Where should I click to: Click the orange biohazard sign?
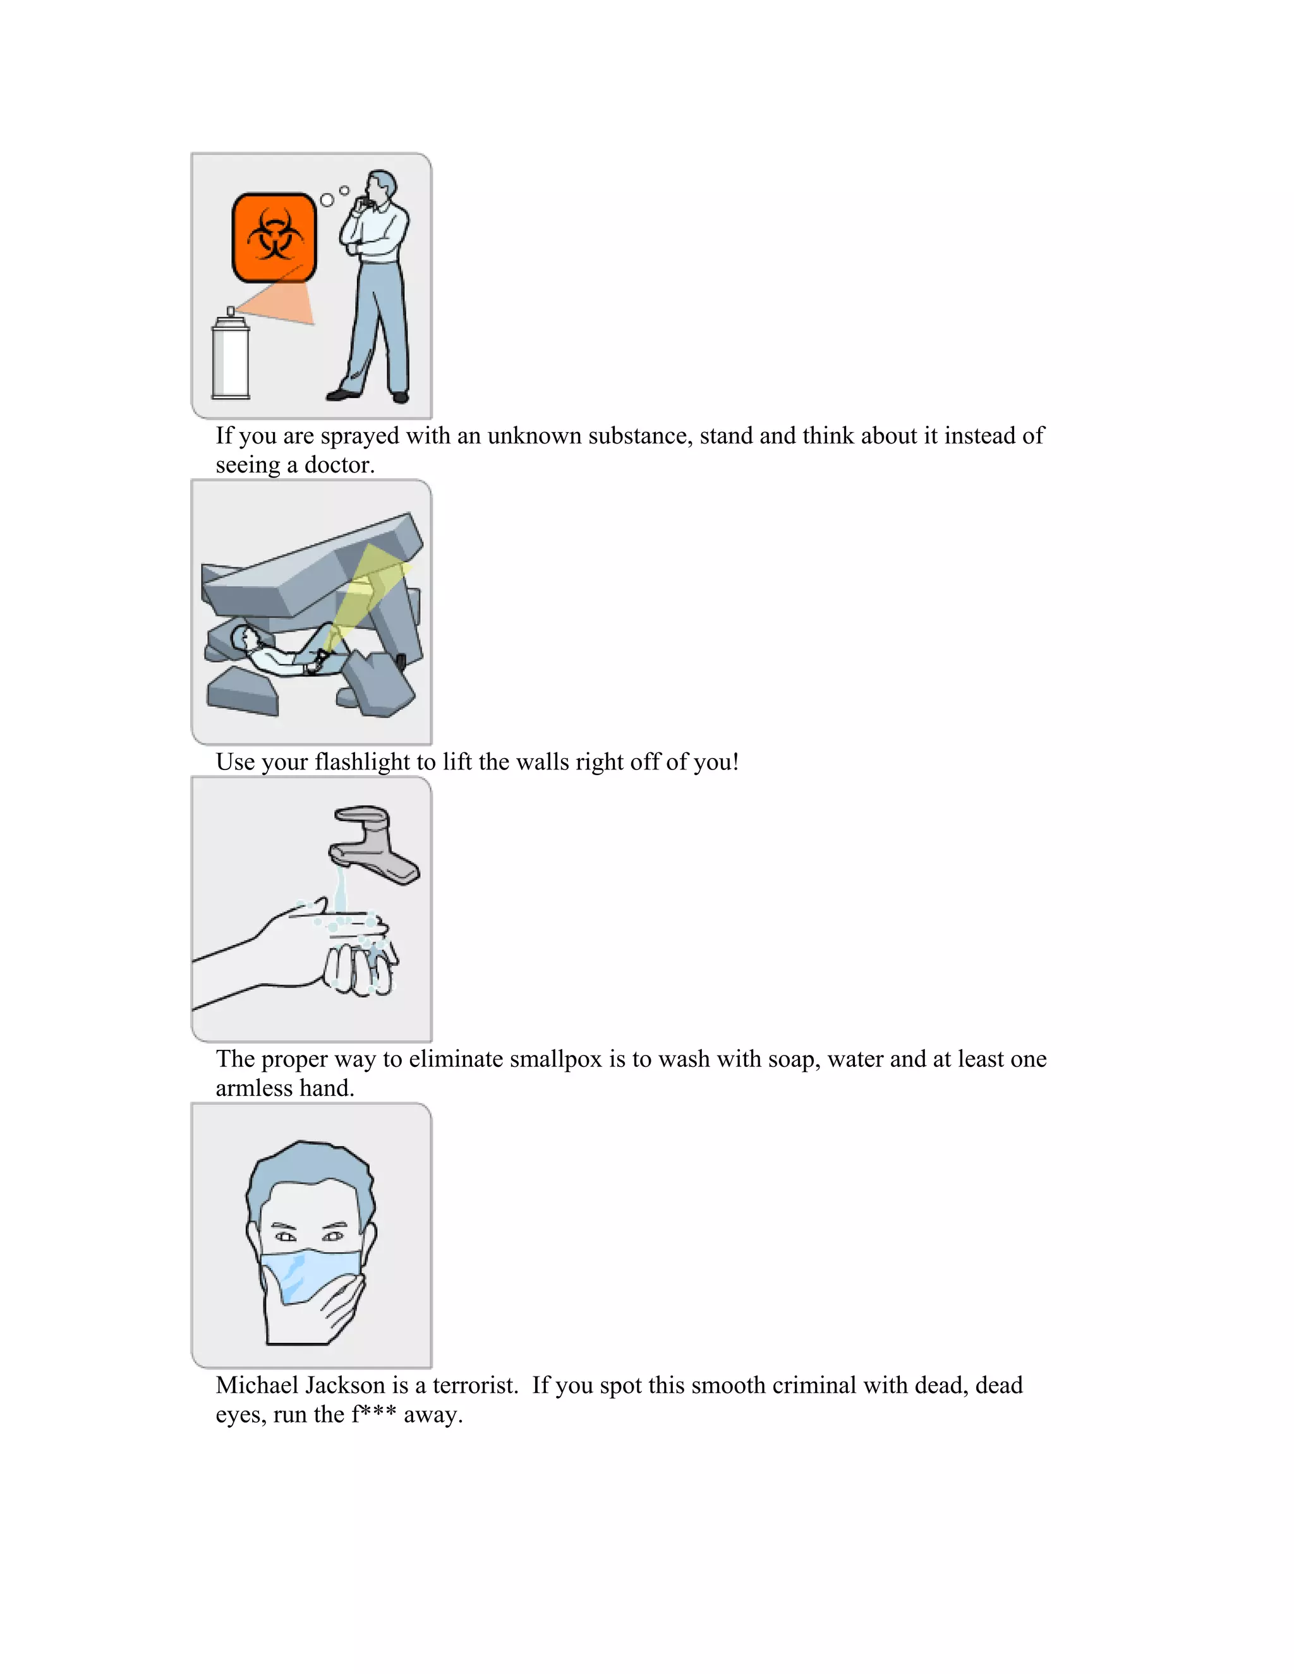point(274,238)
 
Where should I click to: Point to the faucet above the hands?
point(373,843)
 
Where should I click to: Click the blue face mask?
point(310,1277)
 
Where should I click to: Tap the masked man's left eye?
point(334,1236)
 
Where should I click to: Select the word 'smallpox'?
point(556,1059)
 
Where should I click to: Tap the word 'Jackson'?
point(345,1385)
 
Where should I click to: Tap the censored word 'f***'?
point(373,1414)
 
